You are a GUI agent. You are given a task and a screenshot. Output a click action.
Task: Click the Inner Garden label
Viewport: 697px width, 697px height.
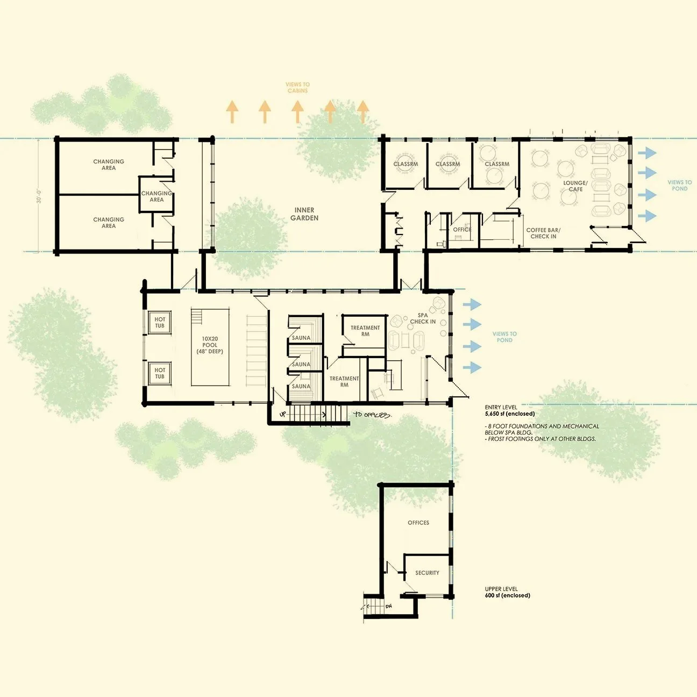tap(304, 214)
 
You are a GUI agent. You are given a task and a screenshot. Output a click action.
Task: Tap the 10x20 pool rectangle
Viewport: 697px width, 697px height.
tap(210, 346)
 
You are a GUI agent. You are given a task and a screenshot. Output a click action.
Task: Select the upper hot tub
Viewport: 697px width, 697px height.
tap(160, 323)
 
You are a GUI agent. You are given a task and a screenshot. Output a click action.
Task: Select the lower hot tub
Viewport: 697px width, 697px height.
tap(160, 373)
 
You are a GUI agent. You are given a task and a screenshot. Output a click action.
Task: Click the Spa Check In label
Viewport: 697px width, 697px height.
tap(423, 318)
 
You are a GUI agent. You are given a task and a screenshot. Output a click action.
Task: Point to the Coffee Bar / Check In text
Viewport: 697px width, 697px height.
tap(543, 233)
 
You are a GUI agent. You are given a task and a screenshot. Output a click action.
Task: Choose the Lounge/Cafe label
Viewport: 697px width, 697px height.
tap(575, 186)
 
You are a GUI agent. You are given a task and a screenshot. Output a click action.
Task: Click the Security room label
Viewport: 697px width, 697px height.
tap(427, 573)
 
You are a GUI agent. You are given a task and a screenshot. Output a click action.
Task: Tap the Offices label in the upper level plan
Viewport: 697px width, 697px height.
tap(418, 523)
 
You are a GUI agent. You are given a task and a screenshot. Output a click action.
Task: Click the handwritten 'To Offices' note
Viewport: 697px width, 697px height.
tap(372, 415)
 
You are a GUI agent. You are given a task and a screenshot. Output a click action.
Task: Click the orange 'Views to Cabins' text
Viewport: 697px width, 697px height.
tap(297, 87)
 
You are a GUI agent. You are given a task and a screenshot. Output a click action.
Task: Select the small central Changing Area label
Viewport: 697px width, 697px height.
tap(157, 196)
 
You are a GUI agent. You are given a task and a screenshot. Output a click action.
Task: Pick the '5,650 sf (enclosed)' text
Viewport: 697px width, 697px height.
tap(510, 414)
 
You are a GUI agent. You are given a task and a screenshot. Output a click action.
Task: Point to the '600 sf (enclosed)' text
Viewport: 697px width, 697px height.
tap(507, 595)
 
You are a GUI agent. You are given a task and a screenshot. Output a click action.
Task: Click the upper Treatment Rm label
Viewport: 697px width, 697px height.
tap(365, 331)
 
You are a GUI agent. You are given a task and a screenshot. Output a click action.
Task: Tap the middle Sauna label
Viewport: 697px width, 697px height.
tap(301, 364)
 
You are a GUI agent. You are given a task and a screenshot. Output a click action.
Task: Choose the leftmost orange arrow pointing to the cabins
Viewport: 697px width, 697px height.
tap(232, 112)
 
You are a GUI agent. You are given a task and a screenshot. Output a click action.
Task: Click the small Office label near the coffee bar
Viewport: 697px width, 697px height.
tap(462, 230)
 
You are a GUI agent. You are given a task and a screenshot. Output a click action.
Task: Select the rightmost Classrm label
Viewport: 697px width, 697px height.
tap(496, 164)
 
